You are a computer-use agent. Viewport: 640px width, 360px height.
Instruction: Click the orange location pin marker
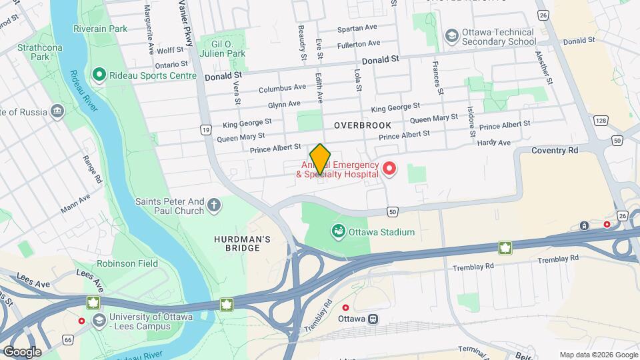point(321,159)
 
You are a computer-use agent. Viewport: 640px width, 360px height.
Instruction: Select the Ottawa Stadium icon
point(339,232)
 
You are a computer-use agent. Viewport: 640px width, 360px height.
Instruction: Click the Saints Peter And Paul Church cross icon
point(214,205)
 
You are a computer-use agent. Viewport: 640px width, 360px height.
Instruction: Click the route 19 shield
point(206,129)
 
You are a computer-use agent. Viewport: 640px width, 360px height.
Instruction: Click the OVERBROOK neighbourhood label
point(362,125)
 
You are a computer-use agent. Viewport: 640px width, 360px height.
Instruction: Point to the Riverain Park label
point(101,29)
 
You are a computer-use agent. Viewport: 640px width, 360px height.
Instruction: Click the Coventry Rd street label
point(555,151)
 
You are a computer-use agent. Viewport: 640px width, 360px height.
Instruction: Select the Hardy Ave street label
point(494,143)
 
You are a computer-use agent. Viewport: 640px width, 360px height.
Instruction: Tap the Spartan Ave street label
point(357,29)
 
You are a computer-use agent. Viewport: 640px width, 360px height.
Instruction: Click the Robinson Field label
point(127,263)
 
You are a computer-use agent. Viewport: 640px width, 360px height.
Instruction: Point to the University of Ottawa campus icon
point(99,320)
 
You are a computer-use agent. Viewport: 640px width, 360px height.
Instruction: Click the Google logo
point(22,352)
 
